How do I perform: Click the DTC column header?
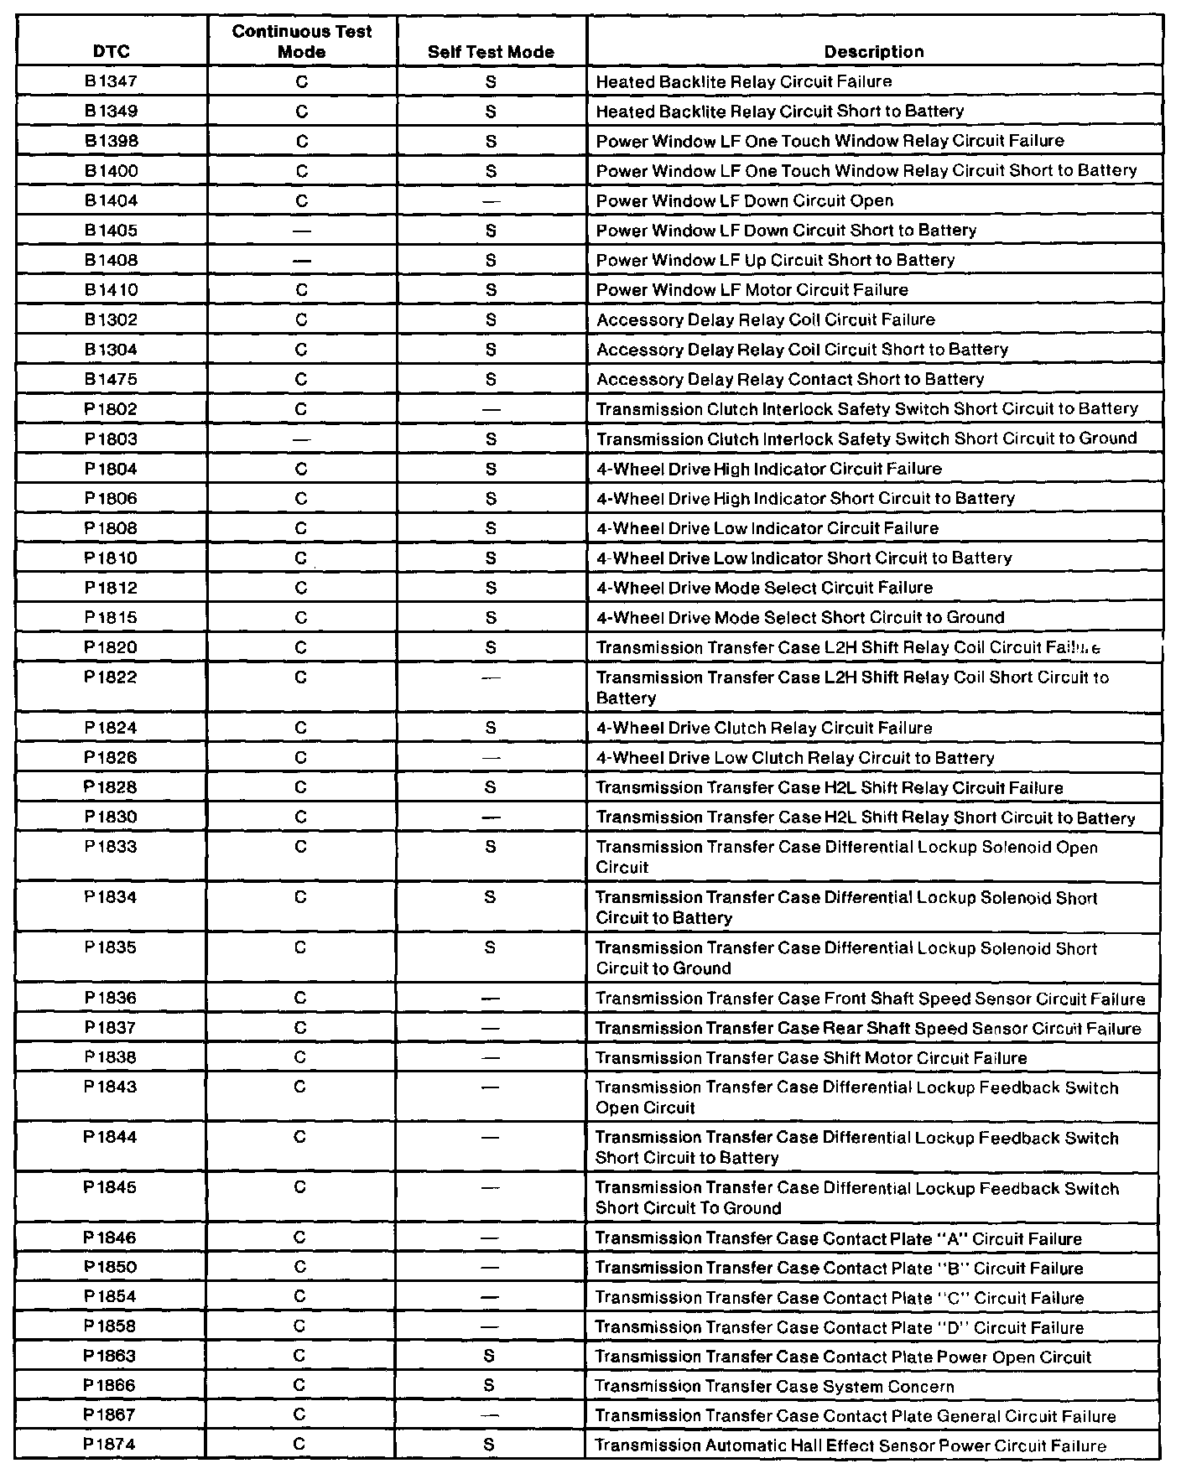(112, 52)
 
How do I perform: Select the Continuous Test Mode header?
(302, 42)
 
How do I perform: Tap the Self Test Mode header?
(491, 52)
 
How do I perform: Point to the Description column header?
(873, 52)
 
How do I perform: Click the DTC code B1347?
(112, 81)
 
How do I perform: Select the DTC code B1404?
(112, 200)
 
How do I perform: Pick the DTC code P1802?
(111, 409)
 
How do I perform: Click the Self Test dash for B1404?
(492, 201)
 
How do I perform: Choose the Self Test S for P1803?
(492, 439)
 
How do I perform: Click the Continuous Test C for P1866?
(299, 1386)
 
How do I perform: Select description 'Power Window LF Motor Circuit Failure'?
(752, 290)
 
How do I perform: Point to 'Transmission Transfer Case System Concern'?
(774, 1387)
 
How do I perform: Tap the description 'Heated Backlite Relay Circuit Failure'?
(743, 81)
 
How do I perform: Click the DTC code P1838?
(110, 1057)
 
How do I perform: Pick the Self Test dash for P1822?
(492, 677)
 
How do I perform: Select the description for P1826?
(795, 758)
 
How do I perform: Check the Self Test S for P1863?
(490, 1357)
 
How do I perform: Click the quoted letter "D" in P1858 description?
(951, 1328)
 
